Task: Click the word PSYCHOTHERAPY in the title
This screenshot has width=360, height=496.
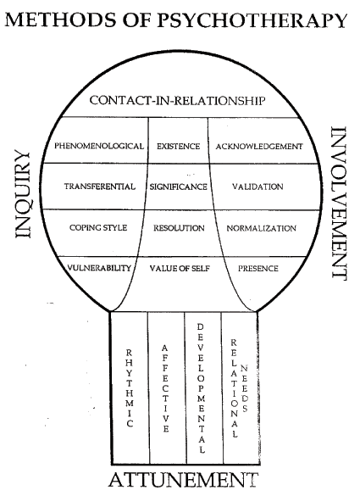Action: pyautogui.click(x=252, y=20)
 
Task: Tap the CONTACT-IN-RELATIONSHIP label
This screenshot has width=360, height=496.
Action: pyautogui.click(x=177, y=101)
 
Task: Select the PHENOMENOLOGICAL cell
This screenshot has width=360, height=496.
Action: pyautogui.click(x=99, y=146)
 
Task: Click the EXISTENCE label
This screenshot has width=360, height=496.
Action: pyautogui.click(x=178, y=146)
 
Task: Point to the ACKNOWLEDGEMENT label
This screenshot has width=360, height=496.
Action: pyautogui.click(x=259, y=147)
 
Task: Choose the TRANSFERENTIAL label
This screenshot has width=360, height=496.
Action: pyautogui.click(x=100, y=187)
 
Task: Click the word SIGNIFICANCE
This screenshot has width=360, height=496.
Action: pyautogui.click(x=178, y=187)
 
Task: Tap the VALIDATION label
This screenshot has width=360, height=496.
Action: pyautogui.click(x=258, y=187)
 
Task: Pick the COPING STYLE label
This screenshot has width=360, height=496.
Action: pyautogui.click(x=98, y=228)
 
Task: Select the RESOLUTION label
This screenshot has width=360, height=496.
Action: pyautogui.click(x=179, y=228)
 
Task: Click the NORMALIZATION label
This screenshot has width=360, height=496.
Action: pyautogui.click(x=262, y=228)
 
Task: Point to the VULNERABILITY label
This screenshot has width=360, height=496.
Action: pyautogui.click(x=99, y=268)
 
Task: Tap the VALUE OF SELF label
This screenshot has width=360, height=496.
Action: pyautogui.click(x=180, y=269)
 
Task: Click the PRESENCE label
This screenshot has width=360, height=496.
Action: pyautogui.click(x=258, y=269)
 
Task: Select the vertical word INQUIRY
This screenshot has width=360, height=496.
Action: pyautogui.click(x=23, y=194)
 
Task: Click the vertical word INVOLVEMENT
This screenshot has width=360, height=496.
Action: pyautogui.click(x=339, y=203)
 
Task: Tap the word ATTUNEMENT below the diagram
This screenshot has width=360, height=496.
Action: pyautogui.click(x=183, y=480)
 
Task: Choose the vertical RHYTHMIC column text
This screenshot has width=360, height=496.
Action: pyautogui.click(x=130, y=388)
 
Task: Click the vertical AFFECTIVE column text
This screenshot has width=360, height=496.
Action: pyautogui.click(x=165, y=388)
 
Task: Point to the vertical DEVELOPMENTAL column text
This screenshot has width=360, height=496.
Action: pyautogui.click(x=201, y=388)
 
